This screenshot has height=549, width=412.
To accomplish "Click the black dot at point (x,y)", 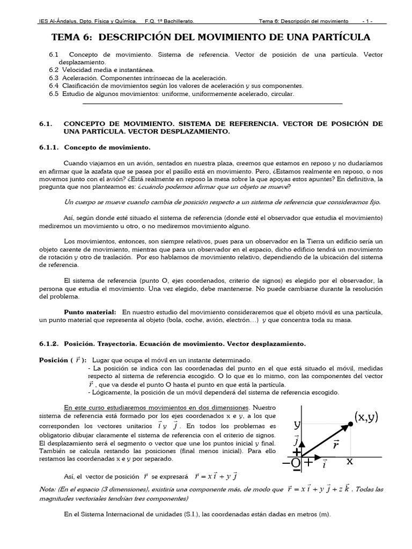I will [x=351, y=424].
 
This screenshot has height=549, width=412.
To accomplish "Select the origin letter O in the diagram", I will [x=296, y=463].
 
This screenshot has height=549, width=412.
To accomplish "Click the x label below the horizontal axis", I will [x=350, y=461].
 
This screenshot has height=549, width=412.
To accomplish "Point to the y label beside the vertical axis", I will [x=296, y=425].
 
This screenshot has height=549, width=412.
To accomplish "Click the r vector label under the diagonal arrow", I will [x=336, y=444].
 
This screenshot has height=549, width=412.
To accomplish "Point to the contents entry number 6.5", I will [x=53, y=94].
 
